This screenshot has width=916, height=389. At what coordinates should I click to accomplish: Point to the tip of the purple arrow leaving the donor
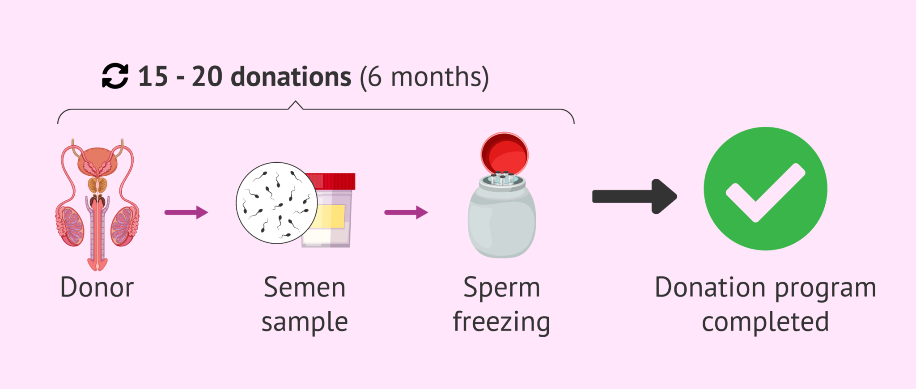(x=208, y=212)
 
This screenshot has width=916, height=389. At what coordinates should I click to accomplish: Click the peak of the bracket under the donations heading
(x=295, y=101)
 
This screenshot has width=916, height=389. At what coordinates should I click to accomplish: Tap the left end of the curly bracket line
(x=58, y=123)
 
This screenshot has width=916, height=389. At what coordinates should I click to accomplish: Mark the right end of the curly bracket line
(x=574, y=123)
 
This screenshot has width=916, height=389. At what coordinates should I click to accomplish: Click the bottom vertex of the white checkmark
(x=755, y=219)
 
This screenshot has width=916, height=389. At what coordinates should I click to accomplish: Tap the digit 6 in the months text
(x=375, y=77)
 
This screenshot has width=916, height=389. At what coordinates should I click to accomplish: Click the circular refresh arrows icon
(x=115, y=76)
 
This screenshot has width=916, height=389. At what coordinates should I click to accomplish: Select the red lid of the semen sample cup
(x=333, y=181)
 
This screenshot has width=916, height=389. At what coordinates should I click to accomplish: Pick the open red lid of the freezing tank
(x=505, y=154)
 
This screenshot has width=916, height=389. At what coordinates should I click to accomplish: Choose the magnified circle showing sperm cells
(x=277, y=203)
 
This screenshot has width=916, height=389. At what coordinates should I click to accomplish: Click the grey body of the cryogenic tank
(x=501, y=219)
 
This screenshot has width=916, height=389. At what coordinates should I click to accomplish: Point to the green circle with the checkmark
(x=765, y=189)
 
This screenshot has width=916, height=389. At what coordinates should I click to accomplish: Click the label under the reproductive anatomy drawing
(x=97, y=287)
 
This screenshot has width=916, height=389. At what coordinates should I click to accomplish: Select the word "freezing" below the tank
(x=501, y=322)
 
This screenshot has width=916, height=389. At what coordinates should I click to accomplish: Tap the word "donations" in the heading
(x=291, y=76)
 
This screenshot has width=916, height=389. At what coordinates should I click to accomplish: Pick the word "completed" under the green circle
(x=765, y=321)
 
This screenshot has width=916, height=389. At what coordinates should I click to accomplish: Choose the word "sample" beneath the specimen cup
(x=305, y=322)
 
